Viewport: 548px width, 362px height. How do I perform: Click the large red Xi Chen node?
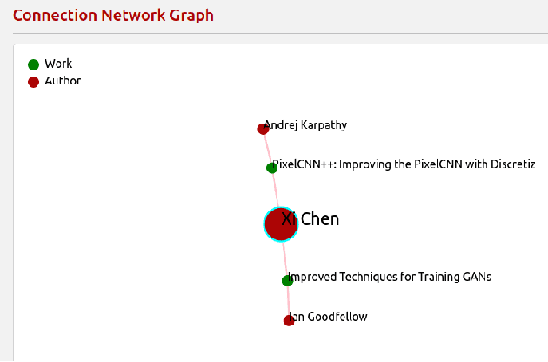coord(281,225)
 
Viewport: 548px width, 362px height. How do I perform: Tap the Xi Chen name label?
coord(311,218)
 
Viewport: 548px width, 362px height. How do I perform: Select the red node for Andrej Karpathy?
coord(264,129)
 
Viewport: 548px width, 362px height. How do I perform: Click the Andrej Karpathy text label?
coord(306,124)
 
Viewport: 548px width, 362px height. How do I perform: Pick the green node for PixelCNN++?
coord(271,167)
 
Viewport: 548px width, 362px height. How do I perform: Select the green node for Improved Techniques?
coord(287,280)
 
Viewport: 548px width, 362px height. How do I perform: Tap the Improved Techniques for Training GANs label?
coord(390,277)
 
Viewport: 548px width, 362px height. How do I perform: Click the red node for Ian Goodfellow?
coord(289,320)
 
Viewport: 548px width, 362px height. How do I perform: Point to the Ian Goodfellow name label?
coord(328,317)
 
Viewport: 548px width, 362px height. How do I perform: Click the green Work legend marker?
coord(33,64)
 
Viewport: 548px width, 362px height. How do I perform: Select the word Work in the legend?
coord(58,64)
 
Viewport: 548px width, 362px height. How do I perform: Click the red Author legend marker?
coord(33,82)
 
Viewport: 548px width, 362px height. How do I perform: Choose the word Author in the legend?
coord(63,81)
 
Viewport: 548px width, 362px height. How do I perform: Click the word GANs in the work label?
coord(475,277)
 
